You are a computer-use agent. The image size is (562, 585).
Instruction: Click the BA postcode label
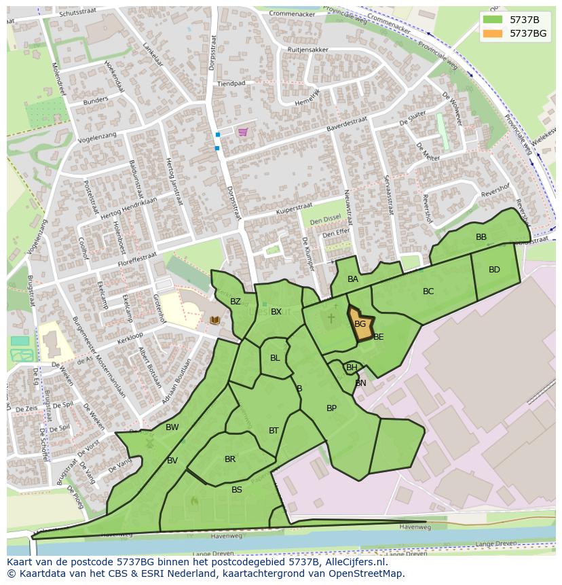[353, 279]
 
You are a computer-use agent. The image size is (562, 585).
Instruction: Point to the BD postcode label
[494, 270]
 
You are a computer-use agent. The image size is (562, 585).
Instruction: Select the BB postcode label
[481, 237]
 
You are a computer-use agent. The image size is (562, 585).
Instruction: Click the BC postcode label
[428, 291]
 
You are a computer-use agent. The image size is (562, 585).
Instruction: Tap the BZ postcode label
[236, 302]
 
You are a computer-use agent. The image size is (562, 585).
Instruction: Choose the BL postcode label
[275, 358]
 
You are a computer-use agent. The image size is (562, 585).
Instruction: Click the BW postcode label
[172, 427]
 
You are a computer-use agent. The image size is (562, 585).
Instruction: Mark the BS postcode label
[237, 490]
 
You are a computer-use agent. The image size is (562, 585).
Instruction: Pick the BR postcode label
[230, 459]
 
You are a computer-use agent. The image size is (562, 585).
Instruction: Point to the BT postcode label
[274, 431]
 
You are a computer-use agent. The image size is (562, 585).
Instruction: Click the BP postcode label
[331, 408]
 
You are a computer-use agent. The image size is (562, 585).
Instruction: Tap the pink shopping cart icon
[243, 132]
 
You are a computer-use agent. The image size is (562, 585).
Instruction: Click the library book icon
[215, 320]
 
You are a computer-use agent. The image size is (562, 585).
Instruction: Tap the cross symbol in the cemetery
[331, 318]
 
